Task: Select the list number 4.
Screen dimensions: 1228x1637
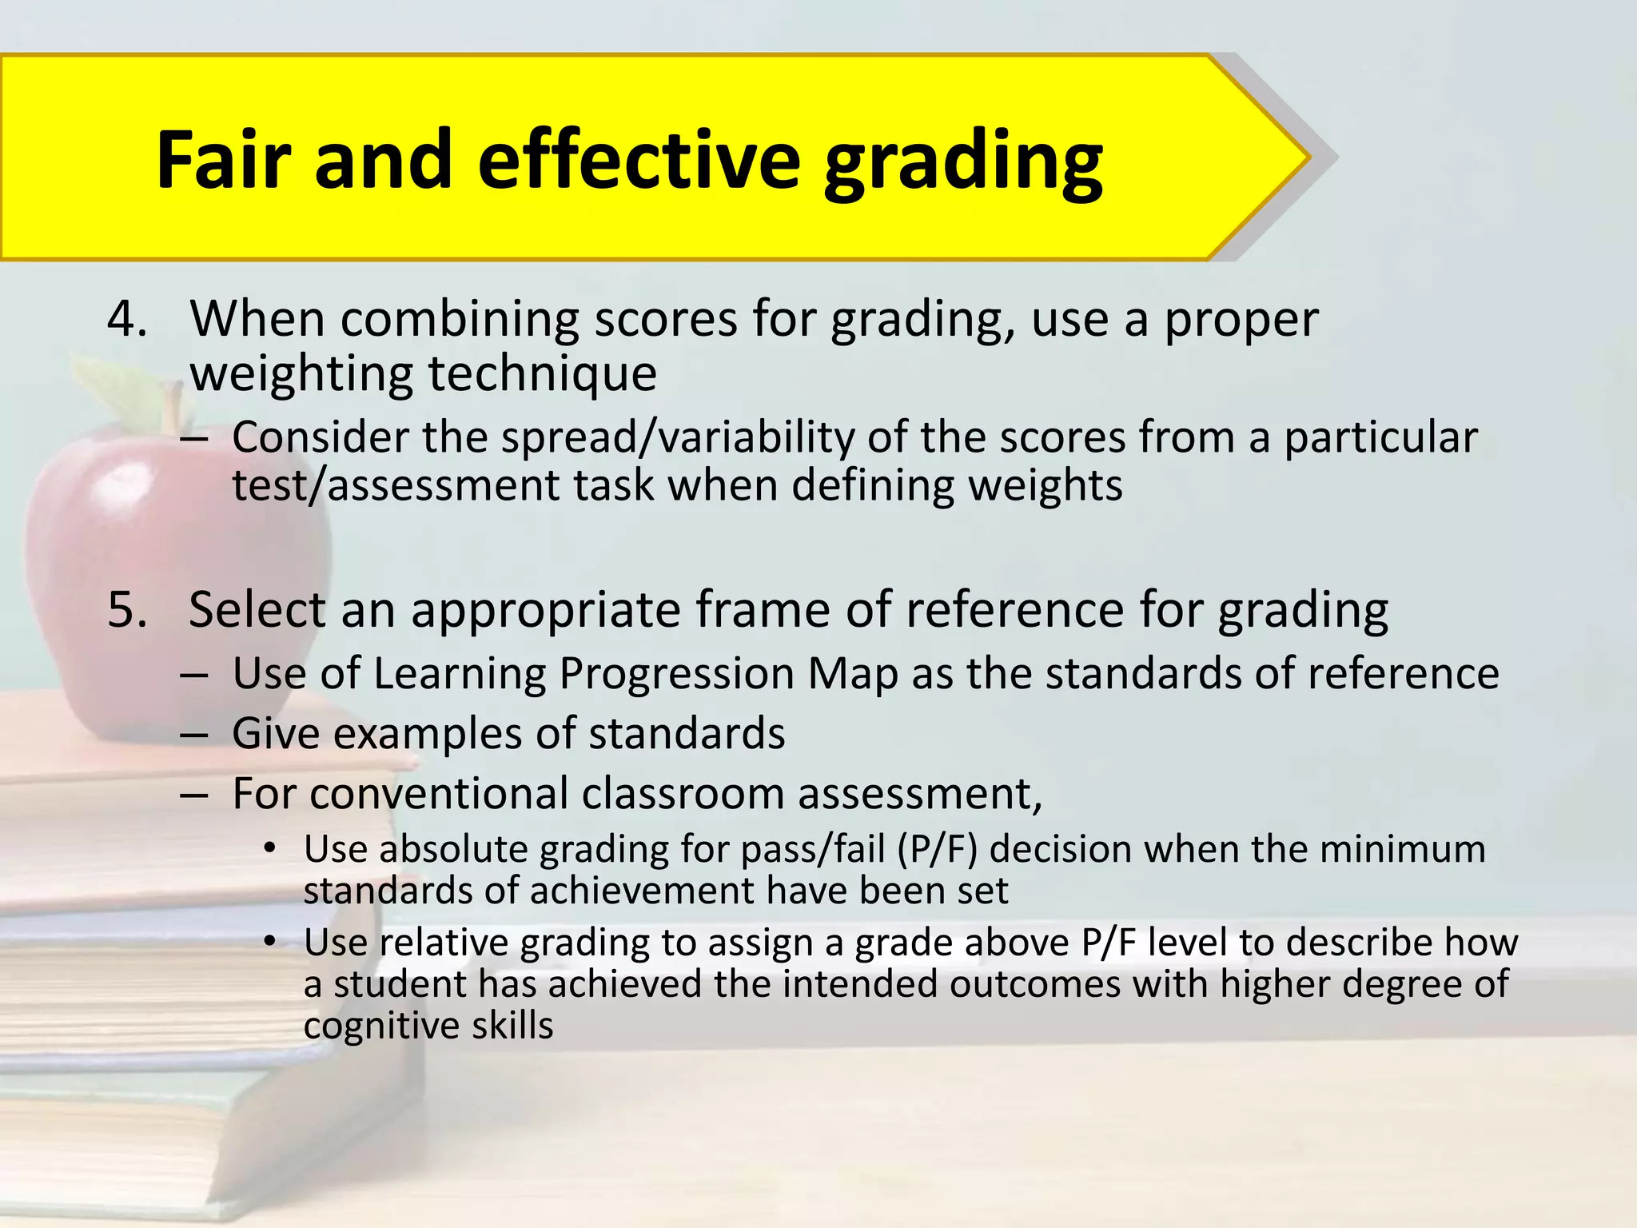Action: (x=127, y=320)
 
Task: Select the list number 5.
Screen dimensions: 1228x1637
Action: (x=127, y=610)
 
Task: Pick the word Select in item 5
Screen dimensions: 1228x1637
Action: (x=257, y=610)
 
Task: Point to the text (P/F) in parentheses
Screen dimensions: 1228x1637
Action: (x=937, y=850)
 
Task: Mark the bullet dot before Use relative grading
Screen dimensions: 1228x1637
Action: (x=270, y=942)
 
